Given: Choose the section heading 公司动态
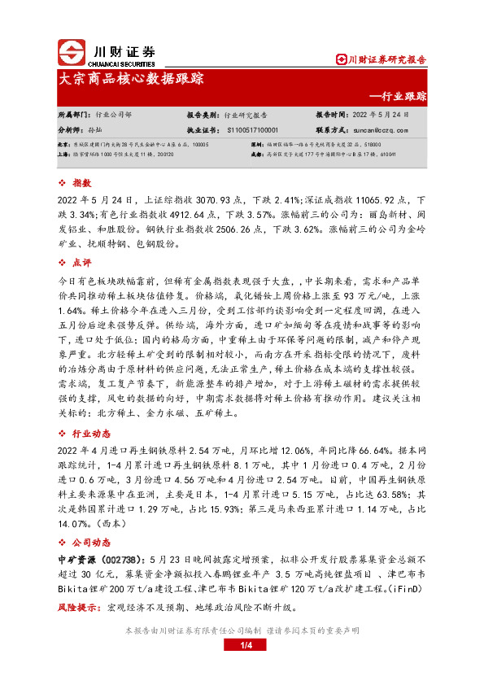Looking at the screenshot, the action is (91, 539).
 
